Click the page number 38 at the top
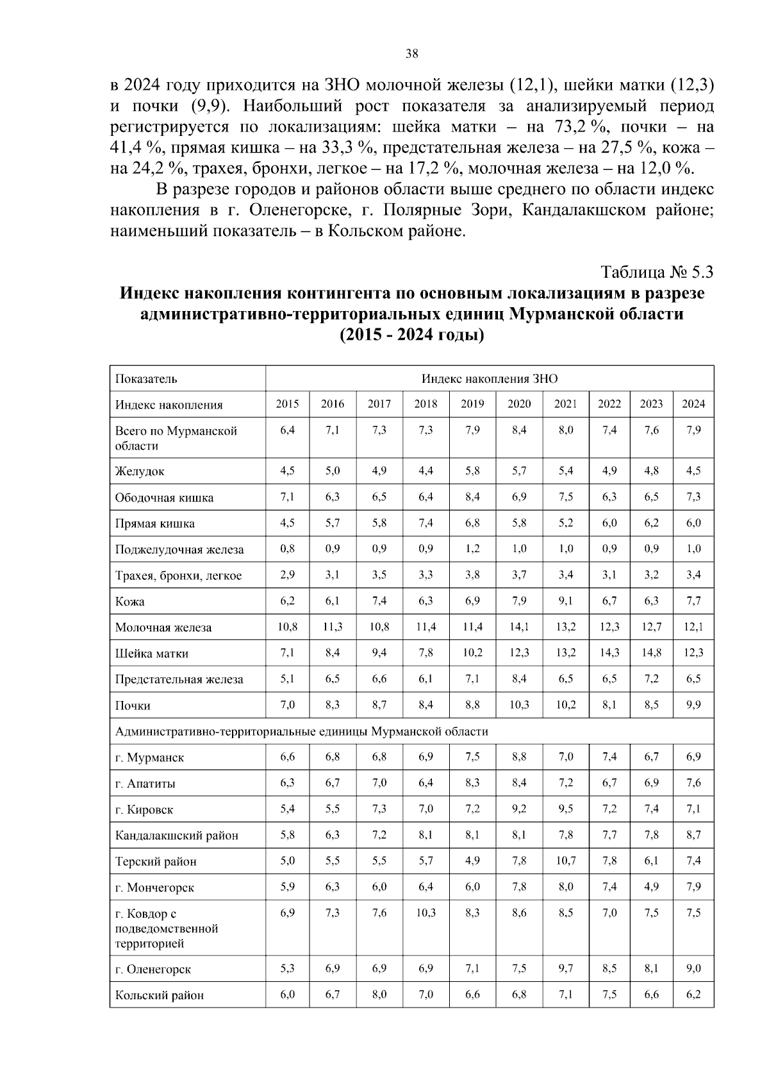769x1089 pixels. pos(412,55)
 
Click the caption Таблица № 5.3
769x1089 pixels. pos(657,273)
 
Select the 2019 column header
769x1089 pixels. pos(473,404)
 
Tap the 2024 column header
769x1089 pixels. pos(693,404)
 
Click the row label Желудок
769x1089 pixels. pos(140,471)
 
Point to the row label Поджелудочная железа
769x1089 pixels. pos(179,550)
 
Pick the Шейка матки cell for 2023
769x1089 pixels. pos(651,653)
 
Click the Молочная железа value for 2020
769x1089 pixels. pos(519,627)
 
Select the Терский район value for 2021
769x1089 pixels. pos(566,861)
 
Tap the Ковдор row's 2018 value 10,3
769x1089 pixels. pos(426,913)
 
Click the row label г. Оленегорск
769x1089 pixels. pos(153,969)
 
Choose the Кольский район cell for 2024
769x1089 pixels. pos(693,995)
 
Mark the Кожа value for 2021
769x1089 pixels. pos(566,601)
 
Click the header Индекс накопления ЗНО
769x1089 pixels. pos(489,378)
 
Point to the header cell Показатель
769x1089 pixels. pos(146,378)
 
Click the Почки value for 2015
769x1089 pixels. pos(287,705)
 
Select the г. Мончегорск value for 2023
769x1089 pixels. pos(651,887)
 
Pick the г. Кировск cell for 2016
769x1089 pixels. pos(332,809)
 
